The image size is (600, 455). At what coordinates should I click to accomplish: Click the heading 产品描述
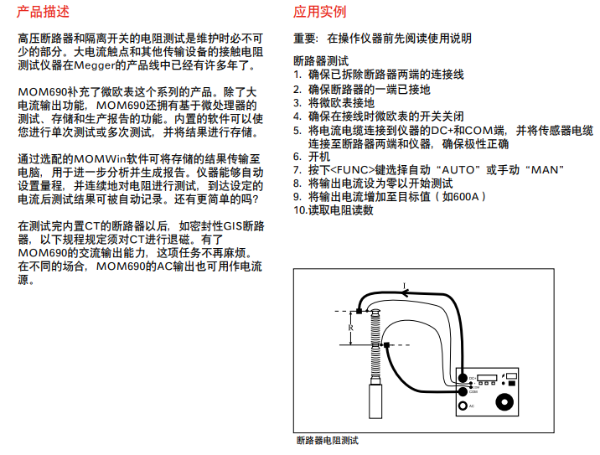pyautogui.click(x=44, y=12)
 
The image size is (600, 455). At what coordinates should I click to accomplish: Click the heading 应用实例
pyautogui.click(x=319, y=12)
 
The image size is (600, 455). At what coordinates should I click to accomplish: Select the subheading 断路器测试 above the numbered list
pyautogui.click(x=321, y=61)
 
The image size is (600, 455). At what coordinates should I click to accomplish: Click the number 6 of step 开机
pyautogui.click(x=297, y=156)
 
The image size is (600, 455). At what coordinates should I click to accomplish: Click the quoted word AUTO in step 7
pyautogui.click(x=461, y=169)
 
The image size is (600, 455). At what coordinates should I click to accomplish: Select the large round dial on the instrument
pyautogui.click(x=505, y=403)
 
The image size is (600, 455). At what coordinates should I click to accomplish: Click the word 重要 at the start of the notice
pyautogui.click(x=305, y=38)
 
